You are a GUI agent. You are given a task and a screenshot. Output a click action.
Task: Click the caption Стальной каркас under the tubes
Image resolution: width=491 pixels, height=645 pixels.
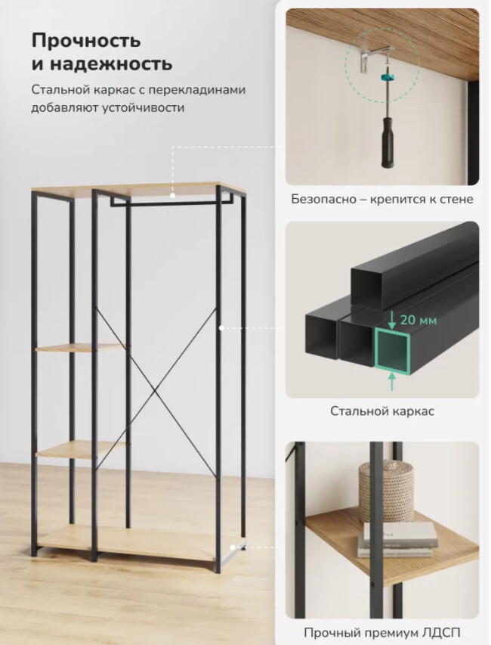pyautogui.click(x=381, y=411)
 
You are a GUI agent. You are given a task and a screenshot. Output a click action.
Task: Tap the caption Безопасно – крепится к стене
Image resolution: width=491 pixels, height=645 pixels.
pyautogui.click(x=381, y=200)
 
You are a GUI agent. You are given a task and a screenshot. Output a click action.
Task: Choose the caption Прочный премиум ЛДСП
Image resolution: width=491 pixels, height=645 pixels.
pyautogui.click(x=381, y=632)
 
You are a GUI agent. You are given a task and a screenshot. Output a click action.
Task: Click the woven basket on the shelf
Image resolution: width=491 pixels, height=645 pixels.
pyautogui.click(x=385, y=492)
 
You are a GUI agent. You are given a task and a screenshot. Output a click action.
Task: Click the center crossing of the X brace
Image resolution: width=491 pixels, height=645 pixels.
pyautogui.click(x=156, y=391)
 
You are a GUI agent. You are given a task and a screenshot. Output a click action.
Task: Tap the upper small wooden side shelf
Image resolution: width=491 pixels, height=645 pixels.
pyautogui.click(x=80, y=349)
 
